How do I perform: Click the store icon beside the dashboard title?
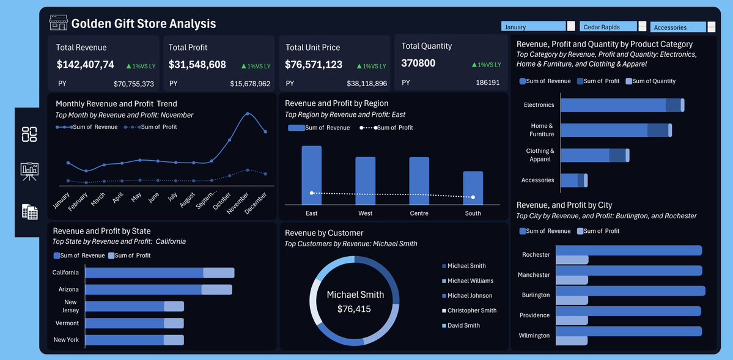tap(58, 23)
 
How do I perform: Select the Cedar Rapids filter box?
tap(608, 27)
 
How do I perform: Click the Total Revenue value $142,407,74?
tap(85, 64)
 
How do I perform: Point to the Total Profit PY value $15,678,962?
tap(250, 84)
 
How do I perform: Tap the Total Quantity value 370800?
tap(418, 63)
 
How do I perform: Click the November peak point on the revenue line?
tap(248, 114)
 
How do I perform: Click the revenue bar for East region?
tap(311, 175)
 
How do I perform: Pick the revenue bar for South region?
tap(473, 188)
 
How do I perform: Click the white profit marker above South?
tap(473, 197)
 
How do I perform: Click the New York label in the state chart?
tap(66, 340)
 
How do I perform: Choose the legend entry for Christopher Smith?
tap(471, 310)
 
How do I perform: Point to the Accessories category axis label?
tap(537, 180)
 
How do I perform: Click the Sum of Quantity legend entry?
tap(653, 81)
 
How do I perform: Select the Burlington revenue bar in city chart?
tap(630, 290)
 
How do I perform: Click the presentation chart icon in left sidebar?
tap(29, 171)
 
